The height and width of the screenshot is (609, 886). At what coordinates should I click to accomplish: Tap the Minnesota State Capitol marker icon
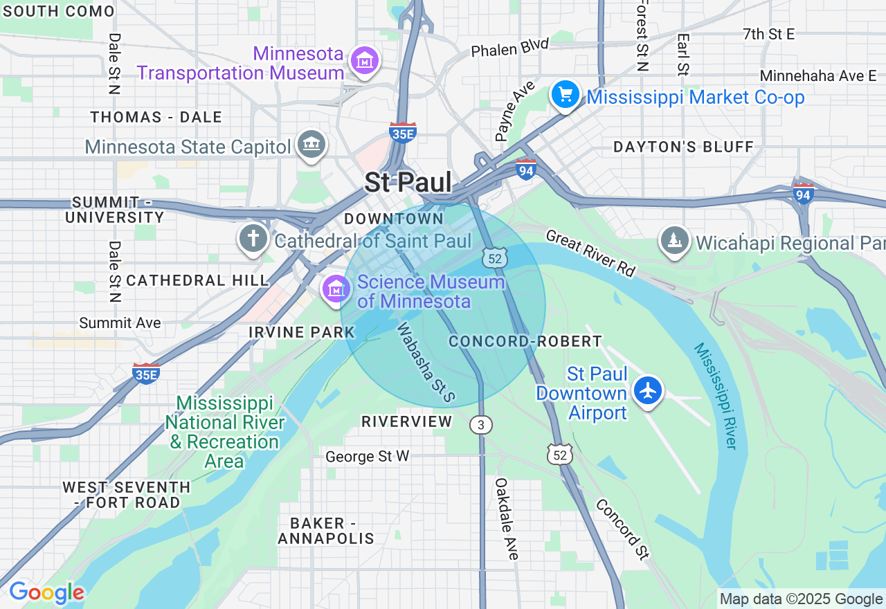click(x=311, y=145)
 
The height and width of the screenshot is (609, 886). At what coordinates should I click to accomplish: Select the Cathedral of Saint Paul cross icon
click(x=253, y=239)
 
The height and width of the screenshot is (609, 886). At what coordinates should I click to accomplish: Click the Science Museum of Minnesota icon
click(x=336, y=289)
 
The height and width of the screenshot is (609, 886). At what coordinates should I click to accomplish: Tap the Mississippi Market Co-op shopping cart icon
click(x=566, y=95)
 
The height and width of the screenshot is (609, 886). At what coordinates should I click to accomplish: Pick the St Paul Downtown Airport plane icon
click(x=648, y=391)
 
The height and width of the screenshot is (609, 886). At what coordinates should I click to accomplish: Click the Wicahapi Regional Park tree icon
click(x=674, y=241)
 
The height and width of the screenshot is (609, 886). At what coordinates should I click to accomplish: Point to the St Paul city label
click(x=408, y=183)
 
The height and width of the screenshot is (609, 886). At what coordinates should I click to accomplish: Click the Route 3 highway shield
click(x=480, y=424)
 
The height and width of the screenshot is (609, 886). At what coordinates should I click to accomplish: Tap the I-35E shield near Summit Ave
click(x=146, y=374)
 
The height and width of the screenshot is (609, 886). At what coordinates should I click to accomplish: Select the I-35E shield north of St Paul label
click(x=402, y=132)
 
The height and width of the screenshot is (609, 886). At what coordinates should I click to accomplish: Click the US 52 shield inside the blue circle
click(x=495, y=258)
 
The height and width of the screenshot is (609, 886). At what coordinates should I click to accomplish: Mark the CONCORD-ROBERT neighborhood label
click(x=525, y=341)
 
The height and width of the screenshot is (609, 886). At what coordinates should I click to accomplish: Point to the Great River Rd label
click(x=590, y=253)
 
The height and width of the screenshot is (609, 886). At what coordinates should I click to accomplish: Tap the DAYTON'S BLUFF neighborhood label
click(x=683, y=147)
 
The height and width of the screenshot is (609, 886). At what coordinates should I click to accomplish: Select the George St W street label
click(x=368, y=456)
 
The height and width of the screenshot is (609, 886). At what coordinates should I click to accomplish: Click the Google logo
click(x=46, y=593)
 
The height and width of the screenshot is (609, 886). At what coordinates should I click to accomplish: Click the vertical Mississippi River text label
click(x=716, y=396)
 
